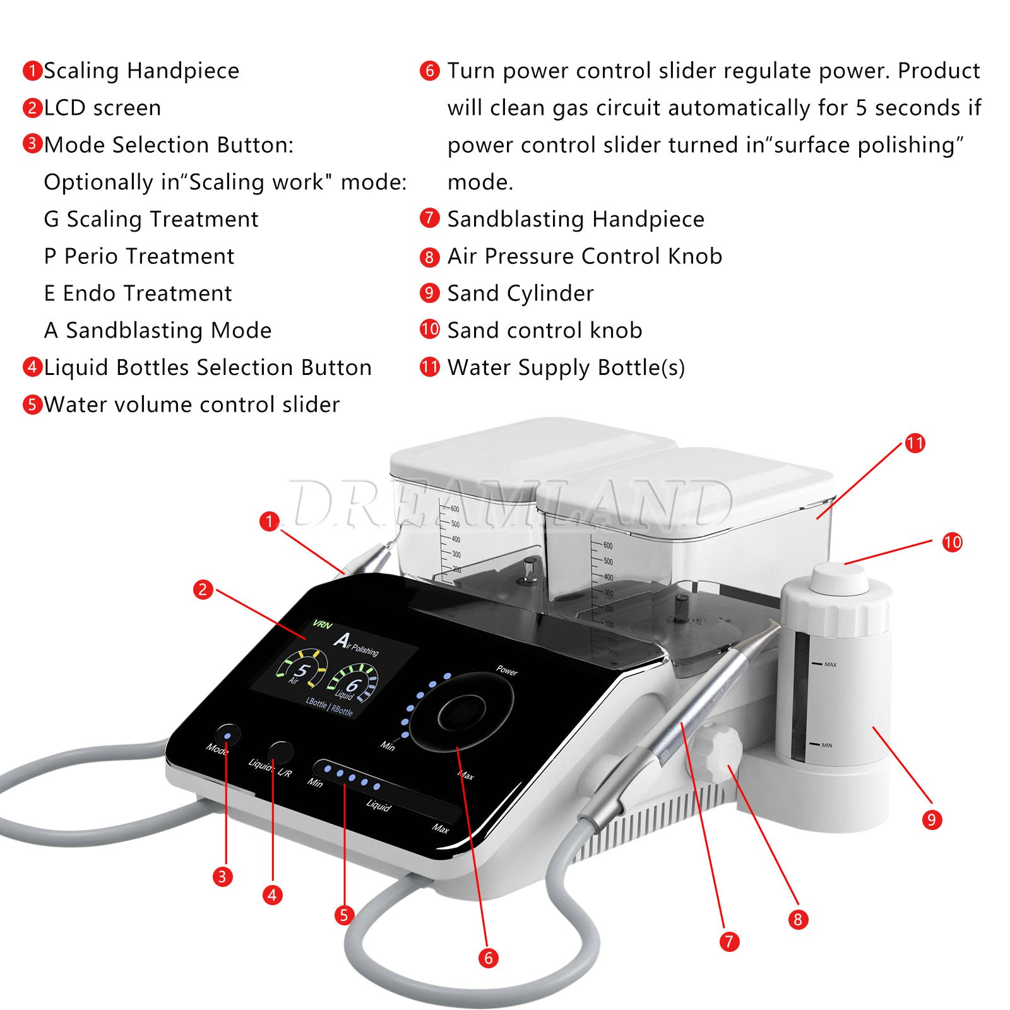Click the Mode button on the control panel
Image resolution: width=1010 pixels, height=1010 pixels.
227,735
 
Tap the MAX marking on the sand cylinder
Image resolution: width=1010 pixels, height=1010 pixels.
829,665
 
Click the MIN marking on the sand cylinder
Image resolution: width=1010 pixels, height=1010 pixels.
826,746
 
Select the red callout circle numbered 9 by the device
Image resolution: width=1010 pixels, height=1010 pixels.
931,820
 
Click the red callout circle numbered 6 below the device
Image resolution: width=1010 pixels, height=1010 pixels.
488,958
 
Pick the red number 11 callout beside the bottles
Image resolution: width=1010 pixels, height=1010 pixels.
915,443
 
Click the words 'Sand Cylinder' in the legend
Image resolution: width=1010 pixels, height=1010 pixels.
520,294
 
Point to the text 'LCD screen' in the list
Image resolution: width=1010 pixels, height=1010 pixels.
102,108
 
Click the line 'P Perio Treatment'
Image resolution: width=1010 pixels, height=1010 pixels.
139,256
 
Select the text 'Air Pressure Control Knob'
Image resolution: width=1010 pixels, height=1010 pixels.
585,256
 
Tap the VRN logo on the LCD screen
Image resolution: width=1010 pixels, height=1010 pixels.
322,625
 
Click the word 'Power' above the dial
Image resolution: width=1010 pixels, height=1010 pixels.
506,670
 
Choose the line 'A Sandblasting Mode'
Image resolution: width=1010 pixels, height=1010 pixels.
158,331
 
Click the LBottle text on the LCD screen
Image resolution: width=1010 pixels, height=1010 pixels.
316,703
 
